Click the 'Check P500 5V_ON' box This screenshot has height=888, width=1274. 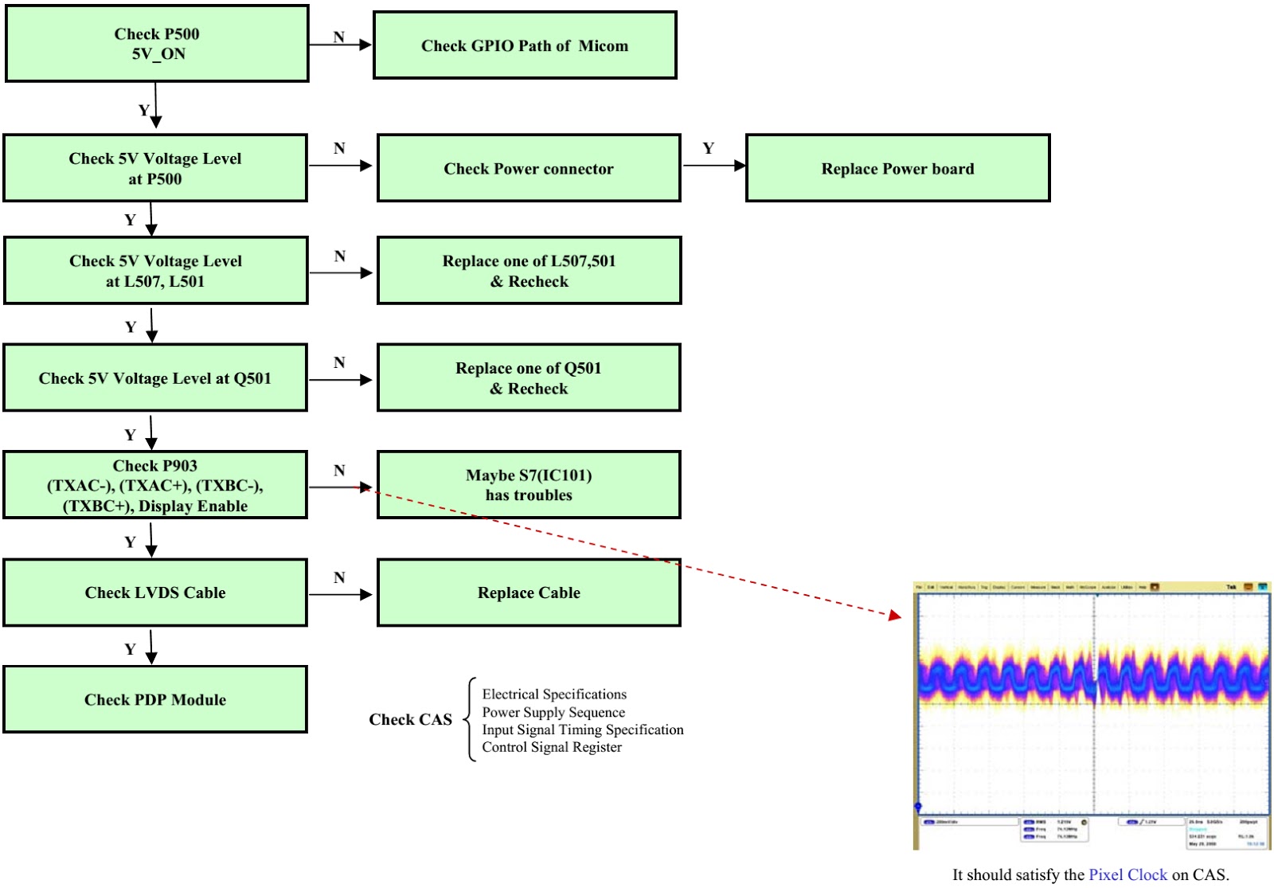(x=157, y=44)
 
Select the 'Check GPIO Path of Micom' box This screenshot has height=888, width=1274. (x=525, y=45)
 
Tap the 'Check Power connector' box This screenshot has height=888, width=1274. (x=529, y=168)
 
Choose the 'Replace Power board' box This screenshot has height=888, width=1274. (x=897, y=168)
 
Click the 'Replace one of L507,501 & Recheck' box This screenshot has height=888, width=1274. (x=529, y=271)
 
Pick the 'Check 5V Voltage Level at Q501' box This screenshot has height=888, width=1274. (x=155, y=378)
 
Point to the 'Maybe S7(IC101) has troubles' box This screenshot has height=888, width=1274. (x=529, y=485)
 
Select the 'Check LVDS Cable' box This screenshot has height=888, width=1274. (x=155, y=593)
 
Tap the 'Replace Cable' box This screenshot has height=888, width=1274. (x=529, y=593)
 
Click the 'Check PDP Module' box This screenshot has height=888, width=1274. (x=155, y=699)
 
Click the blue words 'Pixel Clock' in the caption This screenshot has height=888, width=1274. (x=1127, y=874)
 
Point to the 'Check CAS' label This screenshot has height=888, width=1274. (x=410, y=719)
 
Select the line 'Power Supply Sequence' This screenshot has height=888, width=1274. (x=553, y=712)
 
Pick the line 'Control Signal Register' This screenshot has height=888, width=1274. (x=552, y=747)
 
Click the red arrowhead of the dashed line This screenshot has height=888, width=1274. (x=896, y=615)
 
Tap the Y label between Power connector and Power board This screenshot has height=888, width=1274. (x=708, y=148)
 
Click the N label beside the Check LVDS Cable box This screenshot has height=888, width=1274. (x=339, y=577)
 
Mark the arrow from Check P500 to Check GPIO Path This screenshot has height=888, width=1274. (x=341, y=45)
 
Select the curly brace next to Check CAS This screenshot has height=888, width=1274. (x=471, y=719)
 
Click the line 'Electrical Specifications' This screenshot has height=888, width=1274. (x=554, y=694)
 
